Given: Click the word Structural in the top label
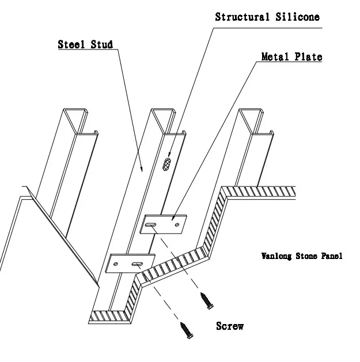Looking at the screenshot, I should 241,17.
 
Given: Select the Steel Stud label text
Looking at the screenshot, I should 85,44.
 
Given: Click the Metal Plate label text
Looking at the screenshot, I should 291,57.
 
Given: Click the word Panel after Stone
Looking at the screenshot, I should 331,256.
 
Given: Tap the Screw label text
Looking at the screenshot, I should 230,326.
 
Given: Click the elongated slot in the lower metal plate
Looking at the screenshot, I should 139,264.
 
